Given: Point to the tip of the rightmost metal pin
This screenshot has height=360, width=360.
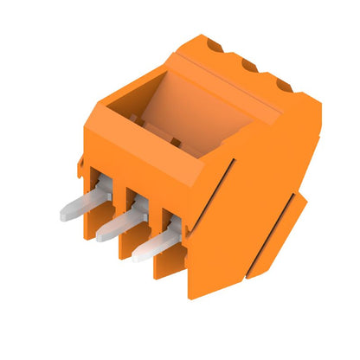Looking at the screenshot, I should coord(138,255).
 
